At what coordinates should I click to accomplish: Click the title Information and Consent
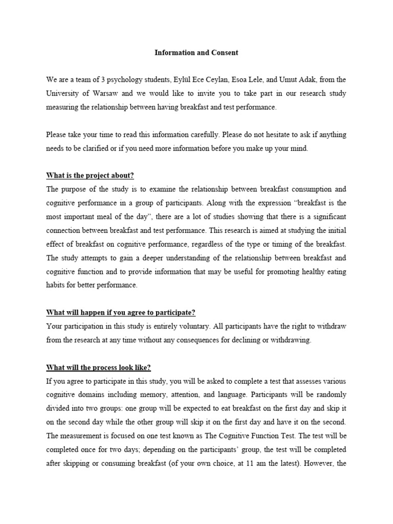(x=196, y=53)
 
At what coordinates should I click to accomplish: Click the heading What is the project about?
(x=90, y=175)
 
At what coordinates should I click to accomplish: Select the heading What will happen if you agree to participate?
(x=121, y=312)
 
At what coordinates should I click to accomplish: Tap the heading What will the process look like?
(x=99, y=367)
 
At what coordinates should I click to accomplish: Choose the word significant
(x=325, y=216)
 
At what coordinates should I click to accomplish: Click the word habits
(x=56, y=285)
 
